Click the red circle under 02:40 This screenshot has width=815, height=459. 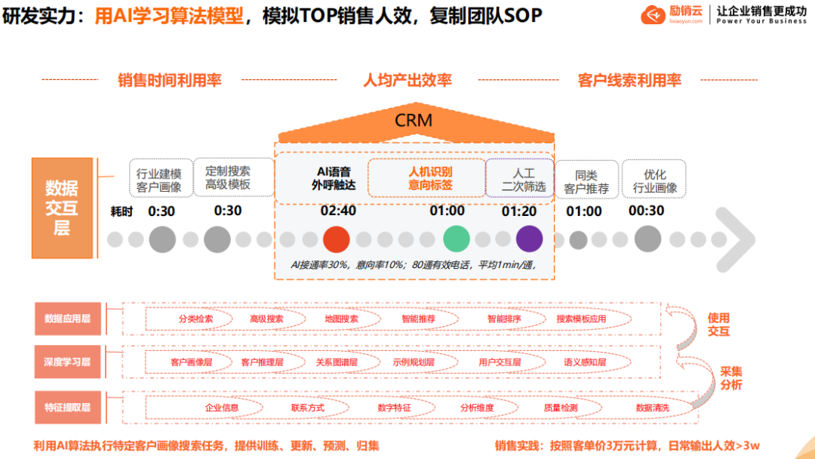point(336,239)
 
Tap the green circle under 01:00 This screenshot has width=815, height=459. point(456,239)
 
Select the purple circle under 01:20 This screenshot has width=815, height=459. point(529,239)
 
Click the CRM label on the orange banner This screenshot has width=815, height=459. point(414,121)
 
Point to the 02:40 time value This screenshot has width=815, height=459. point(338,211)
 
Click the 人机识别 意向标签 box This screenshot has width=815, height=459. point(426,178)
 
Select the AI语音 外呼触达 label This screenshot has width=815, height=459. point(333,178)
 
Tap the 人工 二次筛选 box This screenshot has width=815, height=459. point(519,179)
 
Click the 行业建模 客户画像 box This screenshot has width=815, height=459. point(159,180)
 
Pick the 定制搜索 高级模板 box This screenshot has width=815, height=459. point(227,178)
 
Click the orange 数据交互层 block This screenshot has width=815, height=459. point(61,208)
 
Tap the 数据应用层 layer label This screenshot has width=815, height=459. point(67,319)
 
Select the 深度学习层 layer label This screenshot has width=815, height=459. point(67,362)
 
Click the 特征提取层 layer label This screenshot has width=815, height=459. point(67,408)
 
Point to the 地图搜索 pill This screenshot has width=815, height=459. point(341,319)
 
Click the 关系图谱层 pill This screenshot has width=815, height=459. point(337,362)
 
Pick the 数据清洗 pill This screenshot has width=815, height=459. point(652,408)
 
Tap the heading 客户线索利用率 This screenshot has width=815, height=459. point(629,80)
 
